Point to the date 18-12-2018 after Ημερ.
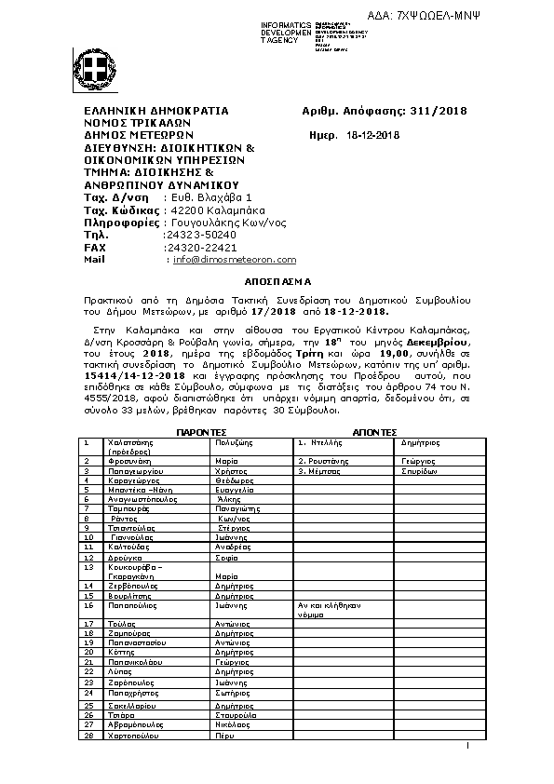tap(372, 135)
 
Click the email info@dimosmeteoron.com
tap(235, 260)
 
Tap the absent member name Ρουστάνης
tap(324, 461)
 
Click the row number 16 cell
tap(90, 605)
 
